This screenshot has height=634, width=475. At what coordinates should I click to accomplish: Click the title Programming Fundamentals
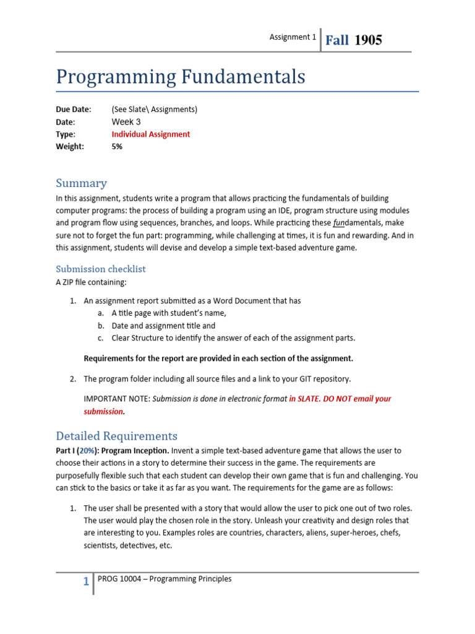pos(181,77)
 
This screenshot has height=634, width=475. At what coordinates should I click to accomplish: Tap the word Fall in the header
pos(337,40)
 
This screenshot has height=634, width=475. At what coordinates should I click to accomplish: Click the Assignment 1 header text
pos(293,37)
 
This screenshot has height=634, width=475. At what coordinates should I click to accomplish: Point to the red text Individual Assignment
pos(151,134)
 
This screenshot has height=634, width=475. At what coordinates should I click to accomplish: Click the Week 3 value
pos(126,122)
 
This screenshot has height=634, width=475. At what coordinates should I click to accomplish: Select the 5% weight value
pos(117,147)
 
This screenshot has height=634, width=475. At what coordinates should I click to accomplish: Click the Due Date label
pos(73,110)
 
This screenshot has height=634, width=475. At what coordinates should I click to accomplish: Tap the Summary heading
pos(81,183)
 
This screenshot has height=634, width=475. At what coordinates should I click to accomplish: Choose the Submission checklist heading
pos(101,269)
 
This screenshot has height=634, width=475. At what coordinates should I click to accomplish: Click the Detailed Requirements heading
pos(116,436)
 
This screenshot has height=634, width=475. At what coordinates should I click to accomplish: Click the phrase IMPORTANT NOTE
pos(116,399)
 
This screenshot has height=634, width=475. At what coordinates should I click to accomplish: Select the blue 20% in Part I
pos(86,451)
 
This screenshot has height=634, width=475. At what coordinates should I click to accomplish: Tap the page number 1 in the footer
pos(86,582)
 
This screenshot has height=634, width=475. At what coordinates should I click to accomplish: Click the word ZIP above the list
pos(70,283)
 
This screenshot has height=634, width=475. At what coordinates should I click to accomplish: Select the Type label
pos(66,134)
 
